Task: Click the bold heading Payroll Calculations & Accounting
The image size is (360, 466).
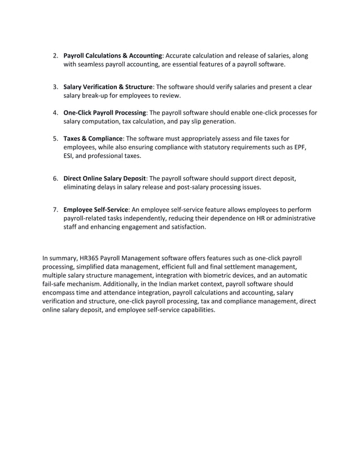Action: [x=113, y=56]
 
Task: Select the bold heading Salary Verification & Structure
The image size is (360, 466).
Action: [x=108, y=87]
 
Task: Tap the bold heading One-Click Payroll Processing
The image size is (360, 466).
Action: [x=104, y=113]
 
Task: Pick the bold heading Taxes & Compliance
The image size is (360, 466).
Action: [x=93, y=138]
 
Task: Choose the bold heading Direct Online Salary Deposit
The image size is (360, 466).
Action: [x=104, y=178]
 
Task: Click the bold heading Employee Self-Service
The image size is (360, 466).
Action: [x=95, y=209]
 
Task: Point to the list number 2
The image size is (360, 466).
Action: [x=55, y=56]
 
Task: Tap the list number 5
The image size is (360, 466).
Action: [x=55, y=138]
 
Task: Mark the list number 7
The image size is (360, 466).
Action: [x=55, y=209]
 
